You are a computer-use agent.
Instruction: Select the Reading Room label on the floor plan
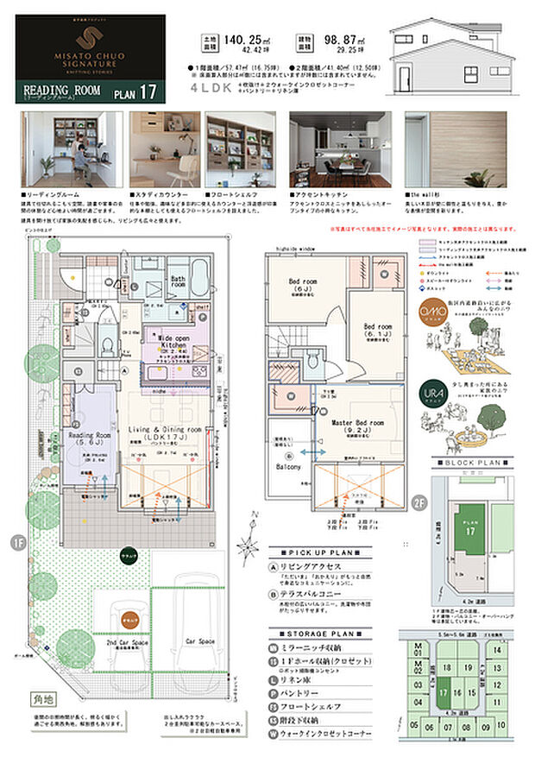[91, 436]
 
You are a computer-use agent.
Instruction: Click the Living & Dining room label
[167, 429]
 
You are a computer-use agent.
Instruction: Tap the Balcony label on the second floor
[288, 466]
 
